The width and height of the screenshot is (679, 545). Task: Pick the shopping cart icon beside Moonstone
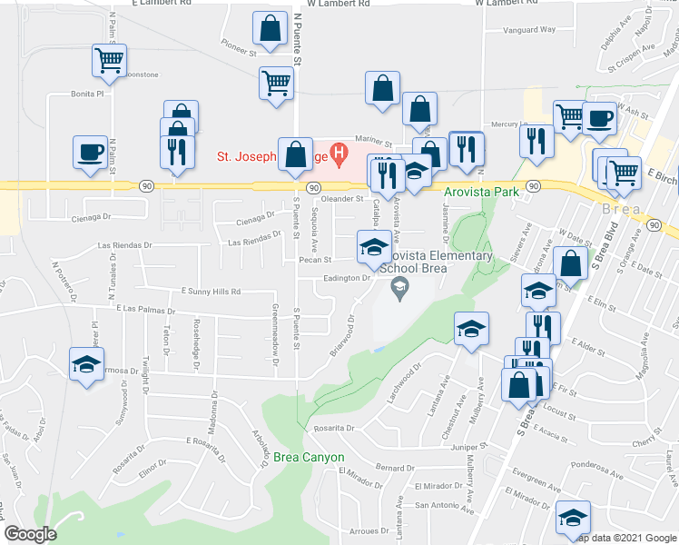(109, 61)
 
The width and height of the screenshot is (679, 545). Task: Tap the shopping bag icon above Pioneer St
(271, 29)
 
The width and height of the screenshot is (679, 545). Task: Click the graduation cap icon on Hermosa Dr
(87, 365)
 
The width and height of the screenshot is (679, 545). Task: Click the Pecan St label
(337, 259)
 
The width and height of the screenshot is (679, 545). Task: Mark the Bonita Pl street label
(89, 94)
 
